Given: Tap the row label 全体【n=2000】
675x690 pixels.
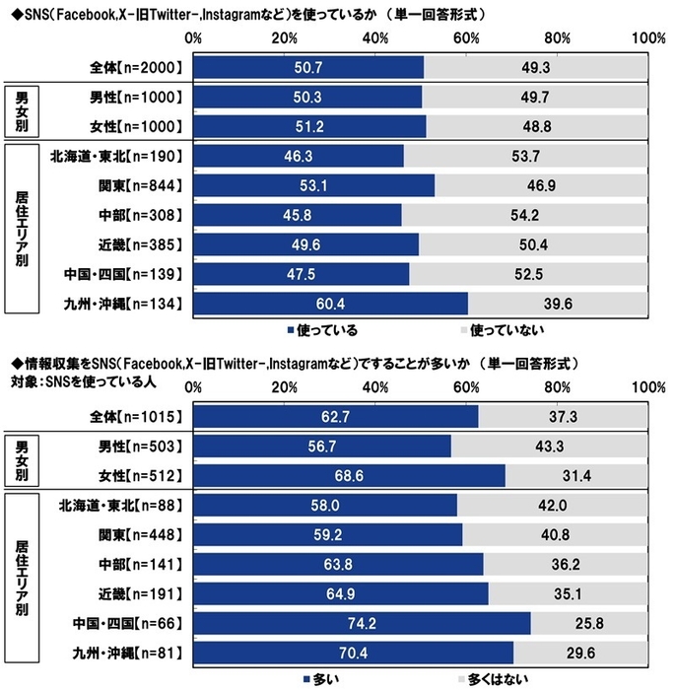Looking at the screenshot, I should pyautogui.click(x=136, y=67).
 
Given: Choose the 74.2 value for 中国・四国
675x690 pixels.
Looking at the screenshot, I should pyautogui.click(x=362, y=623).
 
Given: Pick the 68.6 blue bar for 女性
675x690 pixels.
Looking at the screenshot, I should pyautogui.click(x=349, y=475).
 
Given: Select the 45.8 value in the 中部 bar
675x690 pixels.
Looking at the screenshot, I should pyautogui.click(x=298, y=215).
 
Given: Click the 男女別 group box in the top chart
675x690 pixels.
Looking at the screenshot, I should pyautogui.click(x=20, y=110).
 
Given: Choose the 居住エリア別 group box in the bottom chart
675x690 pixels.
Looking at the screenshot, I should pyautogui.click(x=20, y=579).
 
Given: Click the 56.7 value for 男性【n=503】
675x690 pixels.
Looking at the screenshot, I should pyautogui.click(x=321, y=446).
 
